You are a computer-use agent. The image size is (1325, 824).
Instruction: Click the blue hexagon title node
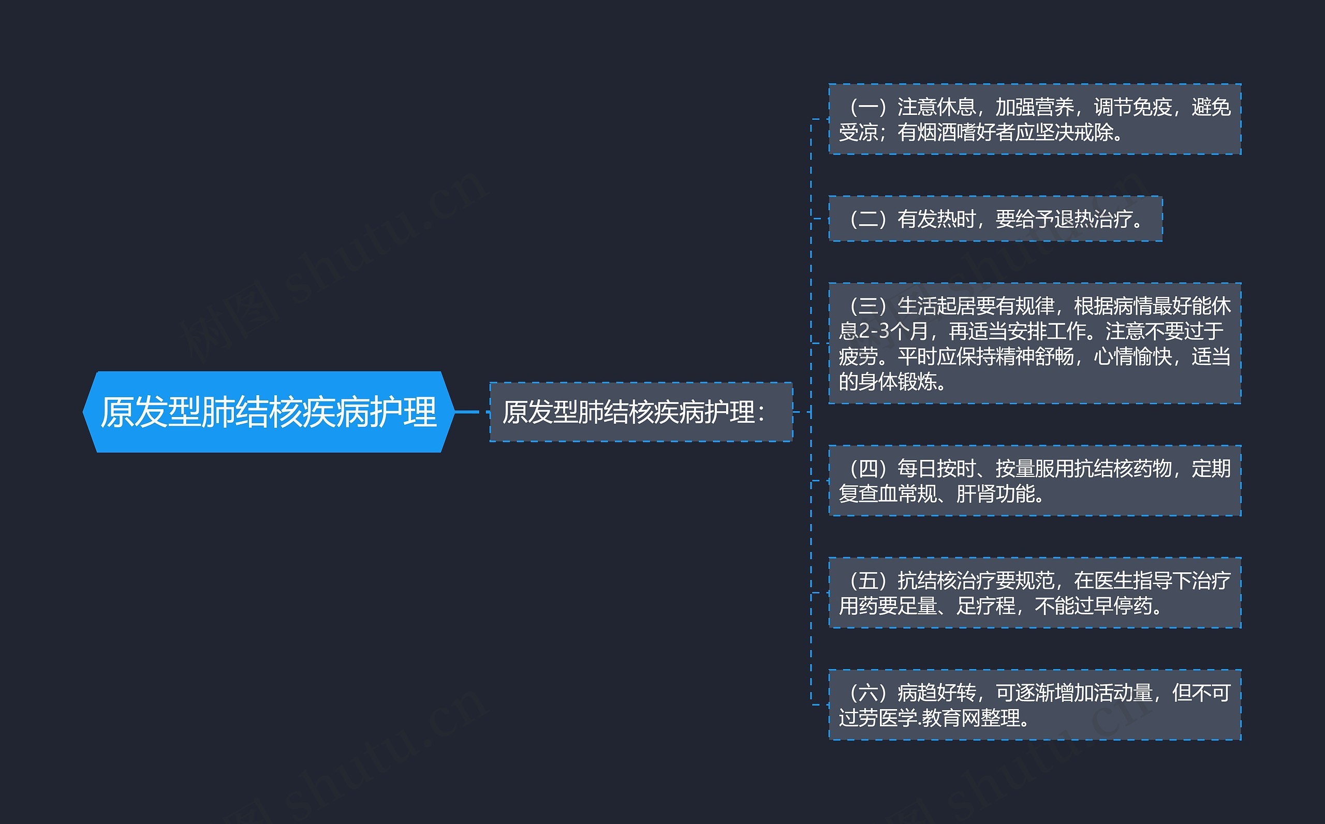coord(268,412)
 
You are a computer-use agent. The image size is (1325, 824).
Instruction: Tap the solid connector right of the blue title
coord(466,412)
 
